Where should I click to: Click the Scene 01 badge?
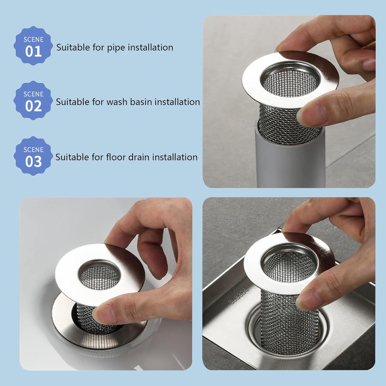click(x=33, y=46)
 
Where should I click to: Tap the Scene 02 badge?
click(x=33, y=101)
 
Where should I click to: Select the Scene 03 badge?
click(x=33, y=156)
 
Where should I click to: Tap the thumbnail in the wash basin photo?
click(x=103, y=314)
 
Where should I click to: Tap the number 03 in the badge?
click(x=33, y=161)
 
